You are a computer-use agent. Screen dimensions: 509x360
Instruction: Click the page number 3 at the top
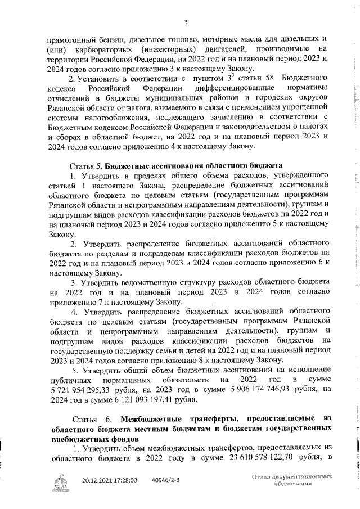185,22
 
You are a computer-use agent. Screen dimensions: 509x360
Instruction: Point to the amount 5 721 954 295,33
80,389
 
